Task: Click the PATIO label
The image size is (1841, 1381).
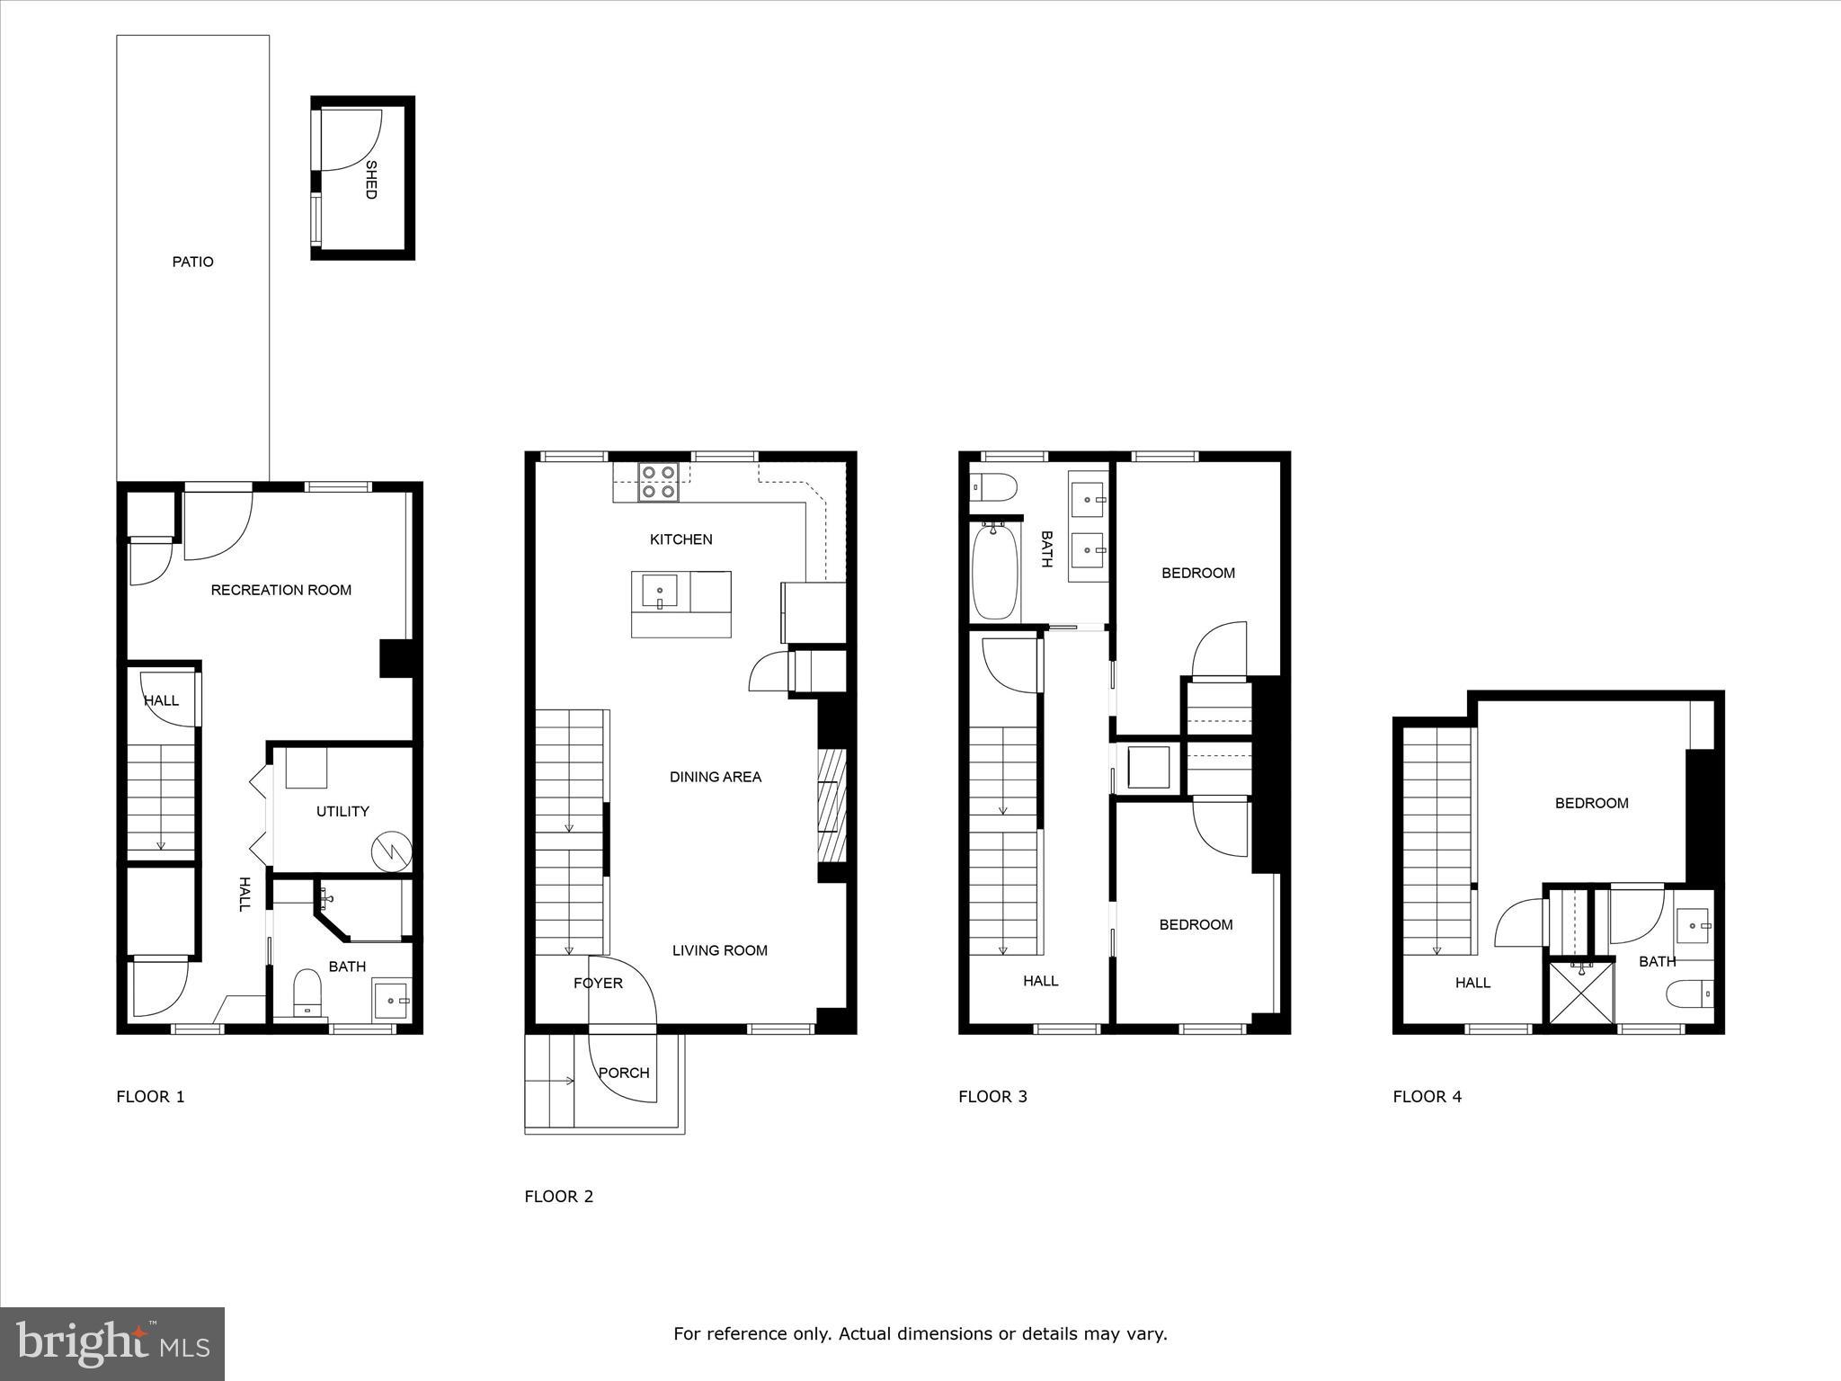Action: click(x=192, y=262)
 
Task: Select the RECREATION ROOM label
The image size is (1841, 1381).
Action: click(x=280, y=590)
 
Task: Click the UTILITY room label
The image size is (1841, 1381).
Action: click(x=342, y=811)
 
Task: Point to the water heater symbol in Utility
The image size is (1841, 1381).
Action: click(x=393, y=850)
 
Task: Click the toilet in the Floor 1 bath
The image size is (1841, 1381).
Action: click(x=307, y=993)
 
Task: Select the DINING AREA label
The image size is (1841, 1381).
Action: click(x=715, y=777)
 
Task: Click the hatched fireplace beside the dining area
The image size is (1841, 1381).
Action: click(x=832, y=806)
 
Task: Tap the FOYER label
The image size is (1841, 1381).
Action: click(x=598, y=983)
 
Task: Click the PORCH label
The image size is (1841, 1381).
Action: click(x=624, y=1073)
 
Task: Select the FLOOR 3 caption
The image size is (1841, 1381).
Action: click(x=992, y=1096)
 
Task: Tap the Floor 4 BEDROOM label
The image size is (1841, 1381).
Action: click(x=1591, y=803)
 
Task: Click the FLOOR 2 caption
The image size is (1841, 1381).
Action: click(x=558, y=1196)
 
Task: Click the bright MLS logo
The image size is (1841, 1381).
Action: click(x=112, y=1344)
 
